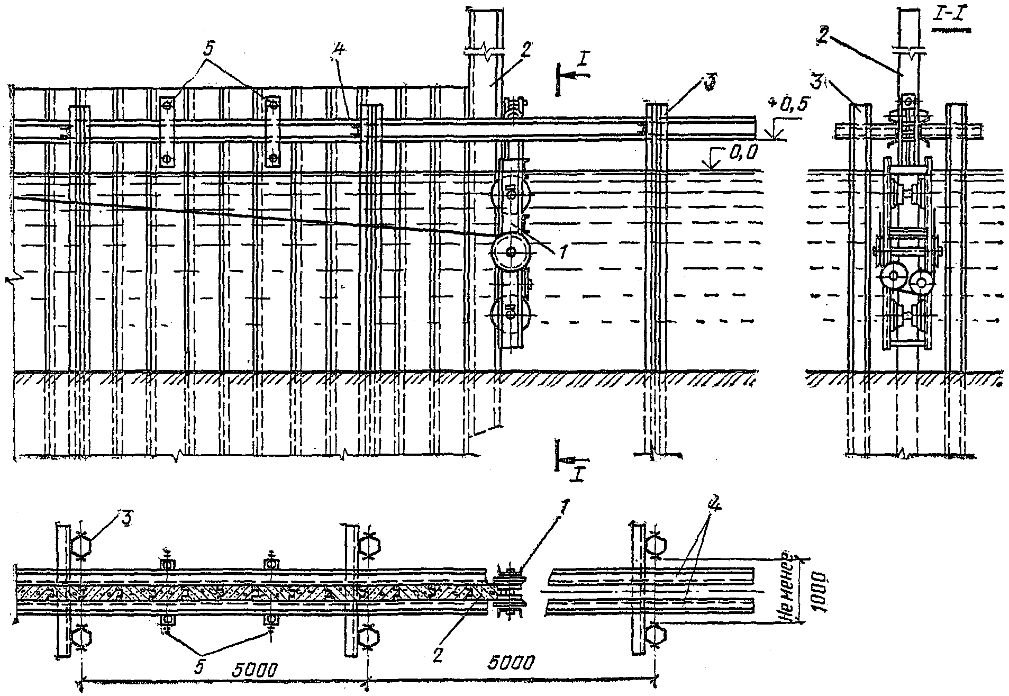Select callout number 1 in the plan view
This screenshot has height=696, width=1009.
pyautogui.click(x=551, y=511)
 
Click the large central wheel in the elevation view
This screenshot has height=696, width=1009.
pyautogui.click(x=511, y=253)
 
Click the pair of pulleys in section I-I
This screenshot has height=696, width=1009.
pyautogui.click(x=908, y=281)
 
